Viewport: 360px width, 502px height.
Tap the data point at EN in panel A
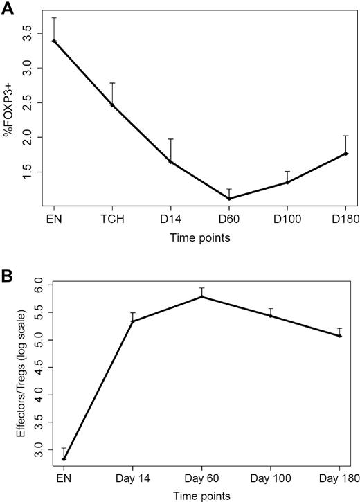click(x=53, y=42)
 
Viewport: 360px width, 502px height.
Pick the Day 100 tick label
click(x=271, y=478)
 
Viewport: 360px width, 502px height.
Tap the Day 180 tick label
click(x=339, y=478)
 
